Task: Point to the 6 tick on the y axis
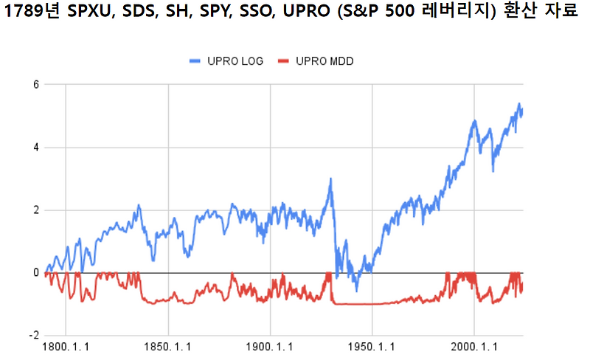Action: point(35,84)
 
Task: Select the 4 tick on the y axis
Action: point(35,147)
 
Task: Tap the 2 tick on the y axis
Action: point(35,210)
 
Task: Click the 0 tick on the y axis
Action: point(35,272)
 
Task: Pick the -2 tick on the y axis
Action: point(33,335)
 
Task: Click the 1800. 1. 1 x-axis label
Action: point(66,346)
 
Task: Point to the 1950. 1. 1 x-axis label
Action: point(372,346)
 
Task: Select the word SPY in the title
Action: point(210,14)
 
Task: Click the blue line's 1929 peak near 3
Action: point(330,179)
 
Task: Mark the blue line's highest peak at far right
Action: point(518,104)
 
